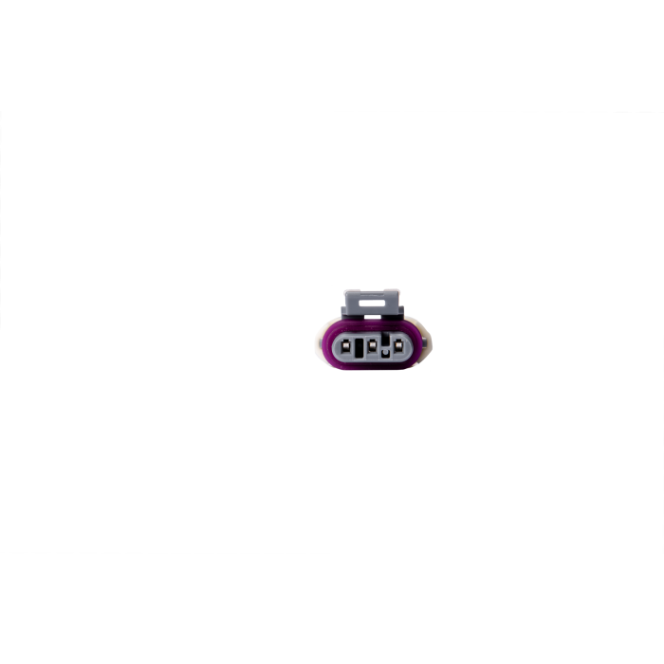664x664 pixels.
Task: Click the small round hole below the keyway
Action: [x=385, y=354]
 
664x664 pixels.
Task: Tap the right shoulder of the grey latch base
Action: [x=402, y=310]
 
